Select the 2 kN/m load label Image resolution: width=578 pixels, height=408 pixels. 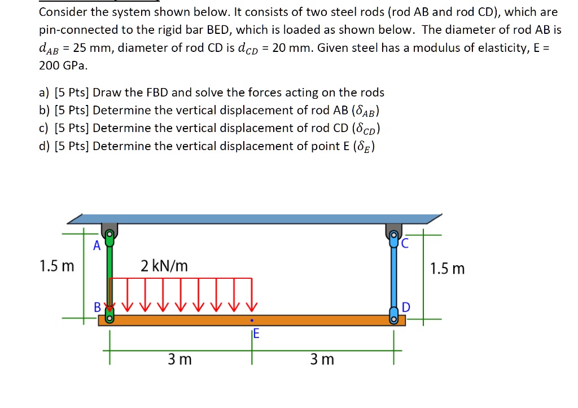click(x=165, y=266)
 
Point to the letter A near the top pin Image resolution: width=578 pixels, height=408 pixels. click(x=97, y=246)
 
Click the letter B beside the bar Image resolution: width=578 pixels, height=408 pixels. click(x=97, y=308)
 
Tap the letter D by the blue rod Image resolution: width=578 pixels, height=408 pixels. click(x=406, y=308)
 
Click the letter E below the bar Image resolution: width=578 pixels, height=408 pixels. click(x=256, y=335)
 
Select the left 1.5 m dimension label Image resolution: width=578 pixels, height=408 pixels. click(x=56, y=266)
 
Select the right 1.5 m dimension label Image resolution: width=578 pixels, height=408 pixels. click(x=447, y=268)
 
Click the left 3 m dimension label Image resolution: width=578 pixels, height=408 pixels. click(x=179, y=359)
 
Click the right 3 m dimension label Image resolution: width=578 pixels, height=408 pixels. click(x=322, y=359)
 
